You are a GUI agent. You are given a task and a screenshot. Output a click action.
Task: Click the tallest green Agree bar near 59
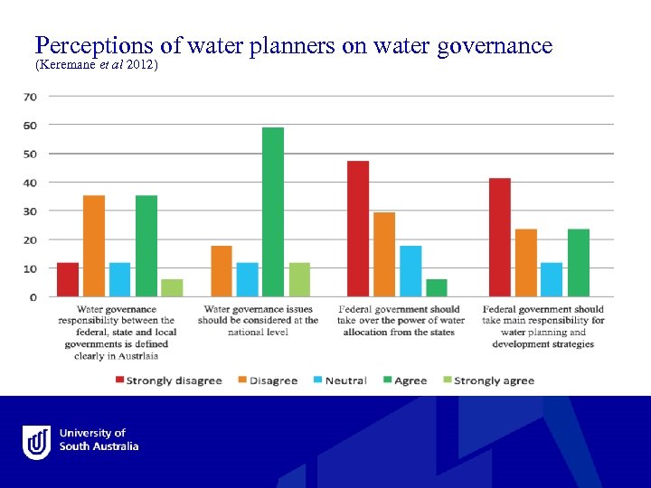coord(273,212)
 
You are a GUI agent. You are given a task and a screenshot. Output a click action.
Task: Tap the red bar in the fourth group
coord(500,238)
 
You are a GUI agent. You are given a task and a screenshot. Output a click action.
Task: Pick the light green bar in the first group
coord(172,287)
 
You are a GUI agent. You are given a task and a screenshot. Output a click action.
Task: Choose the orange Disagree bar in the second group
coord(222,271)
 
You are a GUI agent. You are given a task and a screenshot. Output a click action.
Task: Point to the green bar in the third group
coord(436,287)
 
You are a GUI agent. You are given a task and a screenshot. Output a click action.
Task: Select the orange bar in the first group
coord(94,246)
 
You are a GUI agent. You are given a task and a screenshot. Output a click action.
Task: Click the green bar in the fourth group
coord(579,263)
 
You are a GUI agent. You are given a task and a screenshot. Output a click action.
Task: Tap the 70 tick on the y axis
coord(30,96)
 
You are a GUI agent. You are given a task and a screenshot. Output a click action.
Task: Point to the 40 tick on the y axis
coord(30,183)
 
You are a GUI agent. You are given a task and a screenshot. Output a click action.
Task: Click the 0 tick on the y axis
coord(33,296)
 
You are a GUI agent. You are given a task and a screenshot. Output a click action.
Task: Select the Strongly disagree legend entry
coord(168,380)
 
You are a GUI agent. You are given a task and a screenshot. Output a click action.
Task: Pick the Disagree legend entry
coord(269,380)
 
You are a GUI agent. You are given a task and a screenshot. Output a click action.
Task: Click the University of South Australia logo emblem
coord(37,443)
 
